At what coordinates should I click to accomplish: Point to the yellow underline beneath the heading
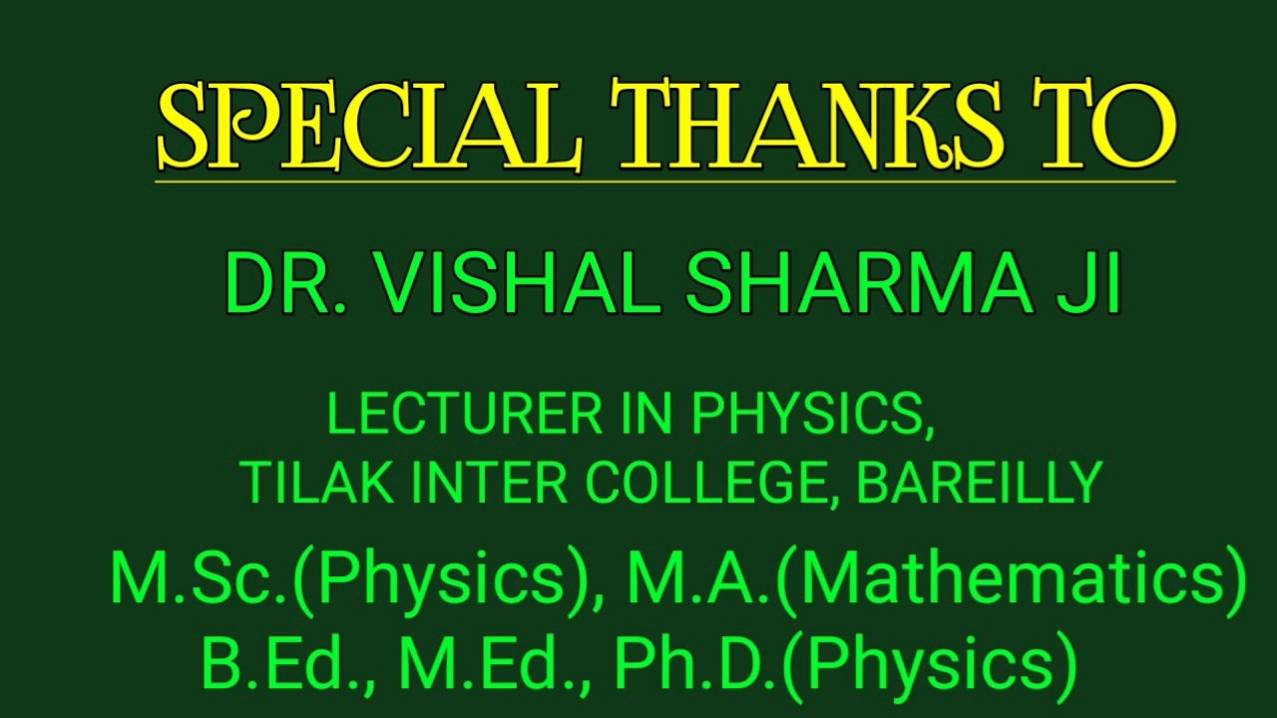(x=664, y=181)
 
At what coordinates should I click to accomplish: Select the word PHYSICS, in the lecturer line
(x=813, y=415)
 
